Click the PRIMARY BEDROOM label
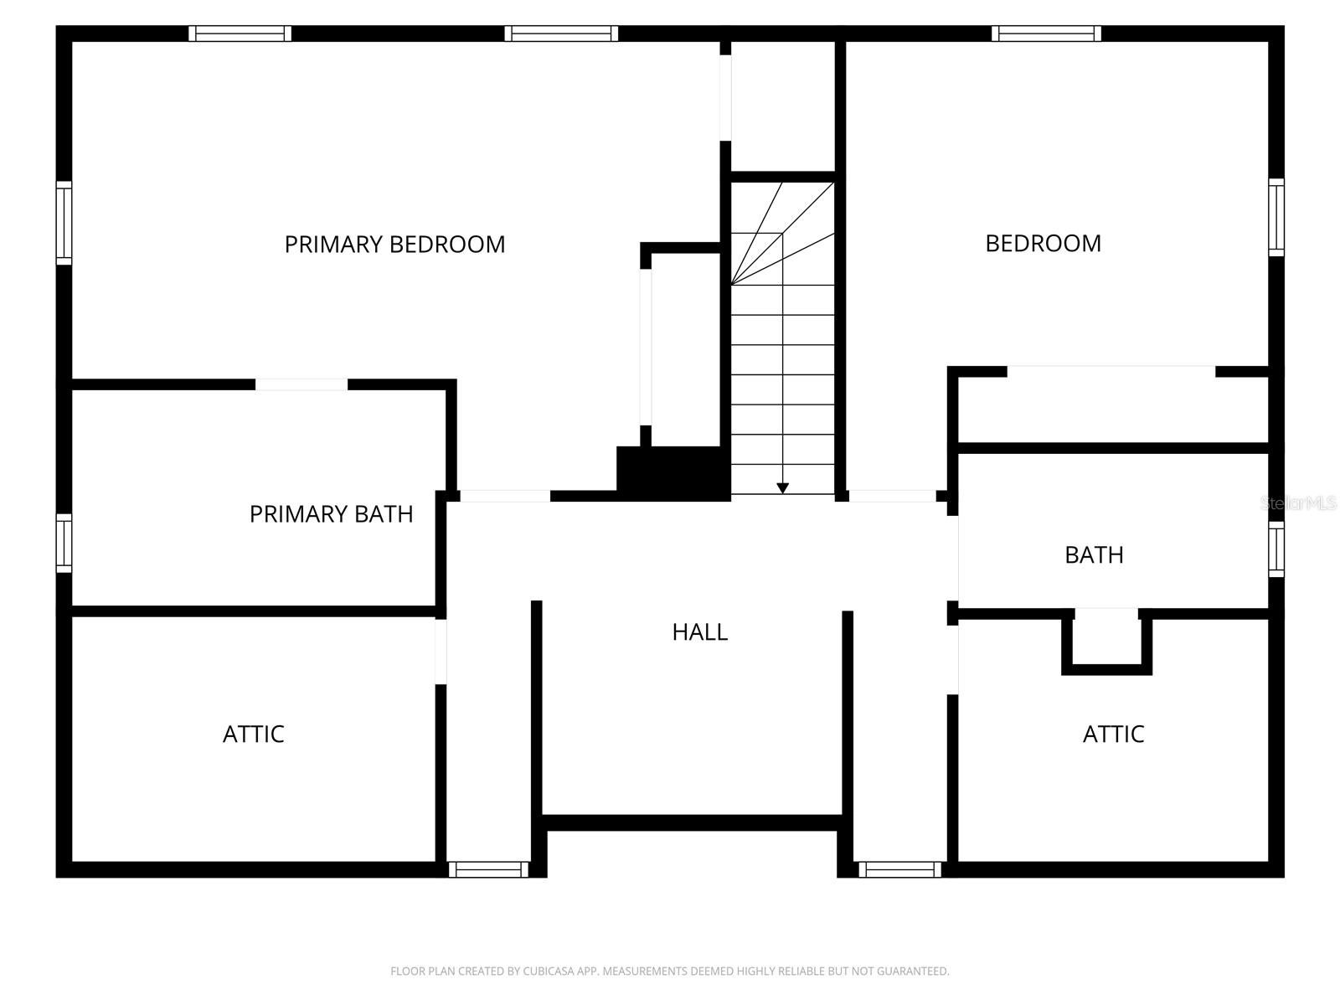394,245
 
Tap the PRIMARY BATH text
331,514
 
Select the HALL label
699,632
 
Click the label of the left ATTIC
253,734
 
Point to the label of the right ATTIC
1113,734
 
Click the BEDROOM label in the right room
1043,244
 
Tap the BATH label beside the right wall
1094,555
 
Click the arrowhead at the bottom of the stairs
782,487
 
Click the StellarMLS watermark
1297,503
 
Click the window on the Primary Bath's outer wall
64,544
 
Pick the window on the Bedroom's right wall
1276,217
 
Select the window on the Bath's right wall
1276,549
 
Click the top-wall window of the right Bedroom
1046,33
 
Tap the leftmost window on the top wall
240,33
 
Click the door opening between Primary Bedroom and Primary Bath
301,384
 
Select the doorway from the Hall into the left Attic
441,652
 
